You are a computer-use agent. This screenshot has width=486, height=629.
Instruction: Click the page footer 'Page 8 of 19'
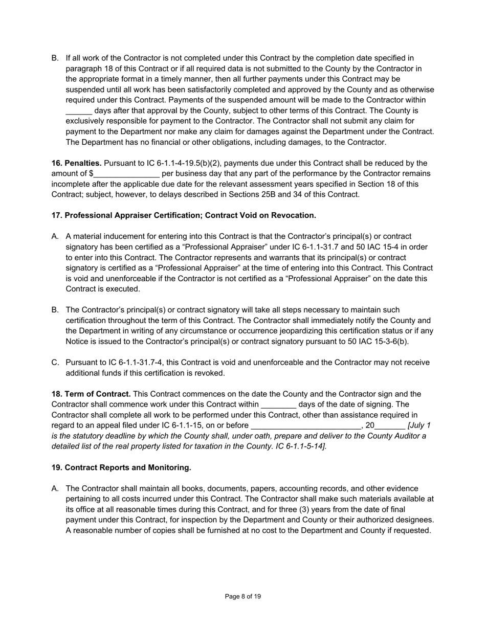pos(243,596)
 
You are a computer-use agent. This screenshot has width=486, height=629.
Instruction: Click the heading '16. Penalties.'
pos(76,163)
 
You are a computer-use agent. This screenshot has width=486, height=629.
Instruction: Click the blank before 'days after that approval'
pos(79,111)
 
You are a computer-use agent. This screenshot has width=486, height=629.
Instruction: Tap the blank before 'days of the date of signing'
pos(278,405)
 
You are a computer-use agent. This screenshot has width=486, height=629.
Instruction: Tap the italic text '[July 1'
pos(419,425)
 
